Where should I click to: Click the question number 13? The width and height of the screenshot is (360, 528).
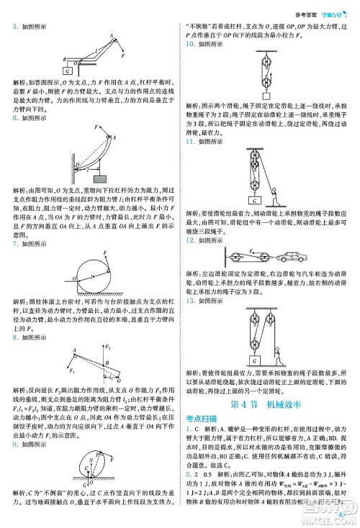[x=190, y=301]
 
